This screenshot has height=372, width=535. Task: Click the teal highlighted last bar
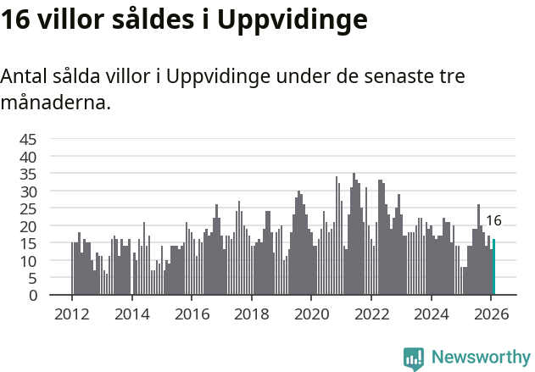click(x=493, y=268)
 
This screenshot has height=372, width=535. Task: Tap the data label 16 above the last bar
click(x=493, y=221)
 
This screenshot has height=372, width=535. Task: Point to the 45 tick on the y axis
click(x=28, y=140)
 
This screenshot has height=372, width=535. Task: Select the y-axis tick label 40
click(x=28, y=157)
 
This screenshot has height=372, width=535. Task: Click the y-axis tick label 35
click(x=28, y=175)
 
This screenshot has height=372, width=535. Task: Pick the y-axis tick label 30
click(x=28, y=192)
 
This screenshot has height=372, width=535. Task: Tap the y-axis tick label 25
click(x=28, y=208)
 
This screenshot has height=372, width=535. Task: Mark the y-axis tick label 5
click(x=32, y=278)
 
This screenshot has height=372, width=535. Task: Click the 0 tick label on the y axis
click(x=32, y=295)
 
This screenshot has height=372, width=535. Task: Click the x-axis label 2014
click(x=131, y=314)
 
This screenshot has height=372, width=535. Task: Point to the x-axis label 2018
click(x=251, y=314)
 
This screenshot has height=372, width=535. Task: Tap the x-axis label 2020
click(x=311, y=314)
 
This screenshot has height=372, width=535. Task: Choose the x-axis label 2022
click(x=371, y=314)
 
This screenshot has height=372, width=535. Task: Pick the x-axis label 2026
click(x=491, y=314)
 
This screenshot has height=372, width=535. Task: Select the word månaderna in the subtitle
click(x=55, y=103)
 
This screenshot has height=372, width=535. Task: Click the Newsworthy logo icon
click(x=414, y=358)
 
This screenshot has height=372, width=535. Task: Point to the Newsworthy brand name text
click(x=480, y=358)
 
